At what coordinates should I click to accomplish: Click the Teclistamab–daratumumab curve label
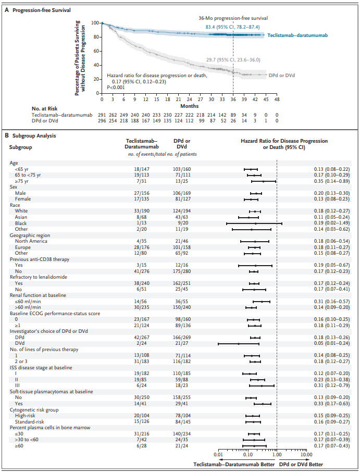[297, 35]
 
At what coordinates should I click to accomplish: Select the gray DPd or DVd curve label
[282, 76]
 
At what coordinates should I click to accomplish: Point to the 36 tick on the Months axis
[233, 99]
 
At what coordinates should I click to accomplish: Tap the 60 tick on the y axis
[95, 51]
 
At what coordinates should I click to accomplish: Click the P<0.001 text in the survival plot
[116, 88]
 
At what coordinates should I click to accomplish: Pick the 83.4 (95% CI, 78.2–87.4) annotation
[232, 27]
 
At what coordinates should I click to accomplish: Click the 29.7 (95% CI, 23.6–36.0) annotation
[233, 60]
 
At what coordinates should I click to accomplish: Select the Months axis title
[190, 106]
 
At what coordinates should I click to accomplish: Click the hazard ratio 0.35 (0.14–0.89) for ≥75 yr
[331, 181]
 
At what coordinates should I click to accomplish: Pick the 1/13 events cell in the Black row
[142, 223]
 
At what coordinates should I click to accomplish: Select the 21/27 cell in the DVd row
[182, 343]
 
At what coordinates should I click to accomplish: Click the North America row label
[31, 241]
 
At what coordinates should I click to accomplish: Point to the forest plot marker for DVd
[239, 344]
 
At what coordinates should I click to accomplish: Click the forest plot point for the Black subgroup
[256, 223]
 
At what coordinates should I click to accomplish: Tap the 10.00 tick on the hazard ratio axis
[306, 455]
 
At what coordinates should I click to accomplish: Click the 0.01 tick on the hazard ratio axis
[218, 455]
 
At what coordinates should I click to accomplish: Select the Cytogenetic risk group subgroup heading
[34, 410]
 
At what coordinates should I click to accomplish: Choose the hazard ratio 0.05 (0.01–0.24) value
[331, 343]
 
